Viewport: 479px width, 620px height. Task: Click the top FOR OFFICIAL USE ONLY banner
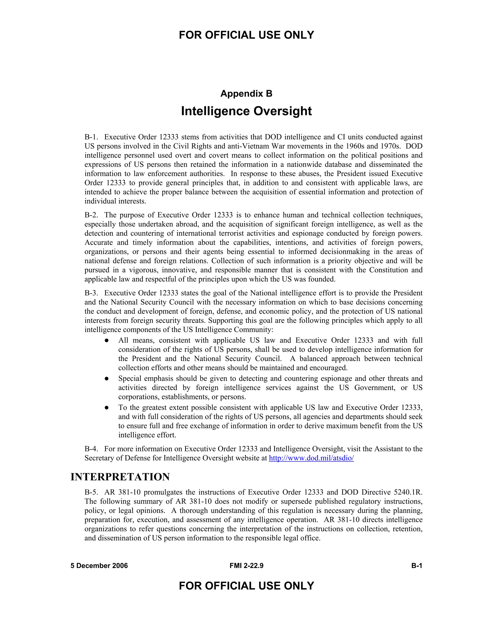tap(246, 35)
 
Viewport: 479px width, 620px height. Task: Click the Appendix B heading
tap(246, 93)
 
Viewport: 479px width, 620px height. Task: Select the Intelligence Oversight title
tap(246, 111)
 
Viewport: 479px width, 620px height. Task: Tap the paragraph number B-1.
tap(91, 137)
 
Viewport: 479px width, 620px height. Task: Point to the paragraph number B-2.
tap(91, 215)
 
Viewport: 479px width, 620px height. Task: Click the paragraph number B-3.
tap(91, 293)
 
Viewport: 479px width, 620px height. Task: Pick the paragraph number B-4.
tap(91, 449)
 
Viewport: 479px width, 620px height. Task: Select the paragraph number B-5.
tap(91, 492)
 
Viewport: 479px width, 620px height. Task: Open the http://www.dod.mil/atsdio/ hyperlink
tap(311, 458)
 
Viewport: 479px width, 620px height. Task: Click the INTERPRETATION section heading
tap(120, 477)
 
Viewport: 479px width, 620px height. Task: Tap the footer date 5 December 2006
tap(99, 566)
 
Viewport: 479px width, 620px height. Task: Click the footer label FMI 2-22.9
tap(246, 566)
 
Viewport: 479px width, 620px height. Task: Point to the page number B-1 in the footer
tap(417, 566)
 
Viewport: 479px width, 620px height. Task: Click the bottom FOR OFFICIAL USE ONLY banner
tap(246, 586)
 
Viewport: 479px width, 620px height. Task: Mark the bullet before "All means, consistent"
tap(107, 340)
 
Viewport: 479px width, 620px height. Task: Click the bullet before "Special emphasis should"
tap(107, 379)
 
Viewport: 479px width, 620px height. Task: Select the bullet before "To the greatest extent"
tap(107, 408)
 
